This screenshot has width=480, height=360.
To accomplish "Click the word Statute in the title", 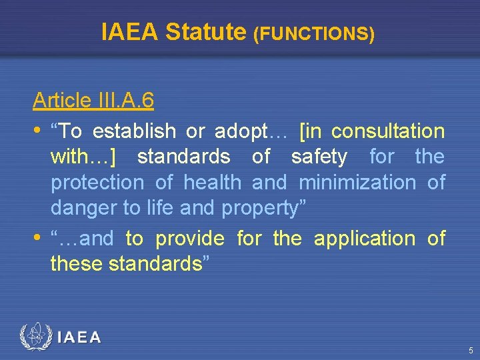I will click(205, 31).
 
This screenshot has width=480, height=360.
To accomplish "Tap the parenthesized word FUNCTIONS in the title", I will click(314, 34).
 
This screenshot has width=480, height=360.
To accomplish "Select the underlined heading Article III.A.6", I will click(93, 101).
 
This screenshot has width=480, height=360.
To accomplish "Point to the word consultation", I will click(387, 131).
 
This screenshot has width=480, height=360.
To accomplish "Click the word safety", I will click(319, 157).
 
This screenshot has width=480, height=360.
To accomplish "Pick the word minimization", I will click(357, 183).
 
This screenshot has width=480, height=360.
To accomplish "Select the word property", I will click(259, 209).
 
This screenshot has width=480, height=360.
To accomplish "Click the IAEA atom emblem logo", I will click(35, 337).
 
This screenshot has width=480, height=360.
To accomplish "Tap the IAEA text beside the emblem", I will click(79, 337).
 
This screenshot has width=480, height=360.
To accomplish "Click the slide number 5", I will click(471, 350).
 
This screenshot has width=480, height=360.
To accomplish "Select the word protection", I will click(97, 183).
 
